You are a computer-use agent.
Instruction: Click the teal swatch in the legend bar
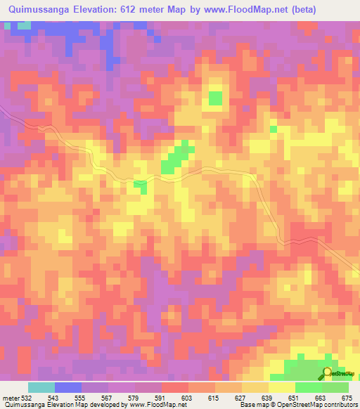pos(41,387)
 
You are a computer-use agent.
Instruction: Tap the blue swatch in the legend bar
pos(68,387)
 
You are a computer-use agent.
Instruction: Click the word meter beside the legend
pos(11,398)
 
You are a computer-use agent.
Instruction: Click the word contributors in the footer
pos(340,405)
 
